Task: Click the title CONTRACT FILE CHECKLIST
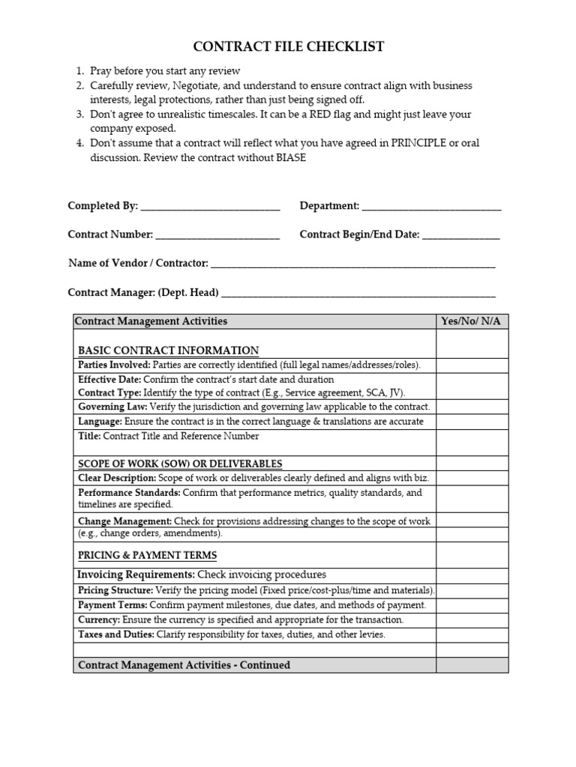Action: click(x=289, y=47)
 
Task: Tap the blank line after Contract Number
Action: click(x=217, y=236)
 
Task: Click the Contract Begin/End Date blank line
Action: click(x=460, y=236)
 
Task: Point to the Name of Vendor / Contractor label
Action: click(x=138, y=263)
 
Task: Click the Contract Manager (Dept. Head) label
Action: click(x=143, y=292)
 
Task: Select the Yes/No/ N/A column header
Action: click(x=472, y=321)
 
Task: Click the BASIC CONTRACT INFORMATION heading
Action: click(x=169, y=351)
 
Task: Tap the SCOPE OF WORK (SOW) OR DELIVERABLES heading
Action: click(x=180, y=464)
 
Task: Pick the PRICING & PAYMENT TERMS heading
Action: click(x=148, y=555)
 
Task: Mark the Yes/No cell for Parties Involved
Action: click(x=472, y=365)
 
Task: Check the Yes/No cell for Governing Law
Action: click(x=472, y=407)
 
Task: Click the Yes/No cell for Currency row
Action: click(x=472, y=620)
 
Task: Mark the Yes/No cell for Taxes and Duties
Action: click(x=472, y=634)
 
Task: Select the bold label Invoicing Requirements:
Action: click(x=136, y=575)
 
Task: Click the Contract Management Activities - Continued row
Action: click(x=184, y=665)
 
